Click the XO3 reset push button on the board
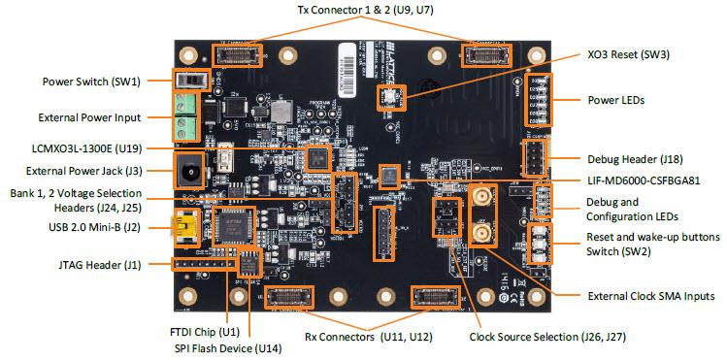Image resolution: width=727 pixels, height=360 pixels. pos(385,94)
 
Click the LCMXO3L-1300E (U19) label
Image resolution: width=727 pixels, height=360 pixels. pos(88,147)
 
